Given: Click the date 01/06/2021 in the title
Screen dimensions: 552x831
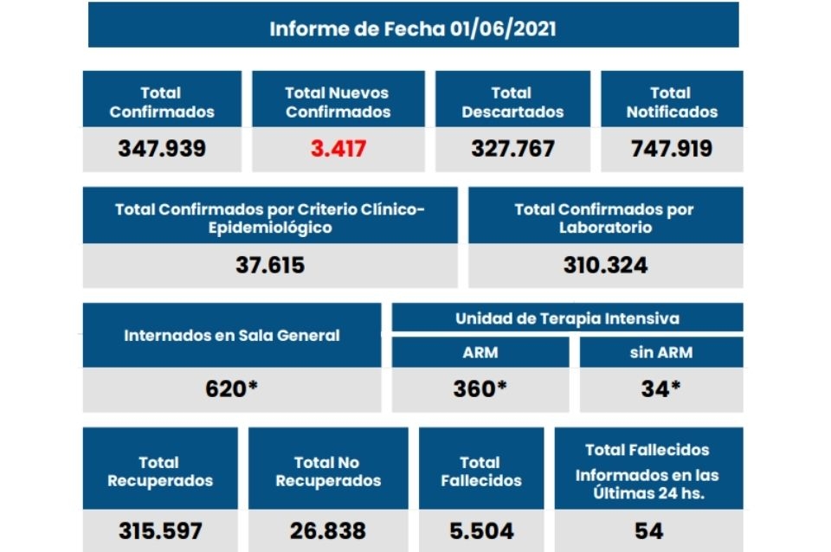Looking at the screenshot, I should tap(503, 29).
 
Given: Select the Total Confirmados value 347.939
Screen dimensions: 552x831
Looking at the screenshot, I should tap(162, 148).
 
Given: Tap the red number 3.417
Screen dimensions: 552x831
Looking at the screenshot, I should tap(338, 148).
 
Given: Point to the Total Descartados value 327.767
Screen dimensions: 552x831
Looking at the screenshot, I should tap(512, 148).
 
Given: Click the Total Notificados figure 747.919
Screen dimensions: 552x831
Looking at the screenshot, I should tap(671, 148).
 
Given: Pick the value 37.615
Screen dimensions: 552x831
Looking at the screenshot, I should tap(270, 265).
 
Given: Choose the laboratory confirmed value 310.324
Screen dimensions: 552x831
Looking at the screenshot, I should tap(605, 265).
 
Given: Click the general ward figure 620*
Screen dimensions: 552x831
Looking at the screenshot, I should tap(231, 388).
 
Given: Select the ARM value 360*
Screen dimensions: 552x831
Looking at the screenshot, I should tap(480, 388).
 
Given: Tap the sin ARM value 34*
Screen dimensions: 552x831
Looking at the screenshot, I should tap(660, 388).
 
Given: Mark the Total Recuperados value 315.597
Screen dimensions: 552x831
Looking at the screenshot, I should tap(160, 530).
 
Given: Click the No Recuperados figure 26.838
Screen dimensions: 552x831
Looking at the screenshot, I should tap(327, 530).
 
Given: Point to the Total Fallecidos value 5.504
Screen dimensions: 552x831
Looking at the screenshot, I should tap(480, 530).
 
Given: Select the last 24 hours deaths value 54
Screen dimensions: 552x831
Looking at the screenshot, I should tap(648, 530).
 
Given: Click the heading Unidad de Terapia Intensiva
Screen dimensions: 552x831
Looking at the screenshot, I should tap(567, 318).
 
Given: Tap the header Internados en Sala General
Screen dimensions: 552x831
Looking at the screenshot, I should tap(231, 336).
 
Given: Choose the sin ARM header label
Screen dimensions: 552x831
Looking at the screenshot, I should tap(660, 352).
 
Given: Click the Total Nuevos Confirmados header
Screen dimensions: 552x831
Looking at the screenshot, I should tap(338, 102).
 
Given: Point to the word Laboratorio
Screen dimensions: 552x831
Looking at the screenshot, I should tap(605, 228).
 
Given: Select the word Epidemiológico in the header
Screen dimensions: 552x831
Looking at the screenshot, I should tap(270, 228).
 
